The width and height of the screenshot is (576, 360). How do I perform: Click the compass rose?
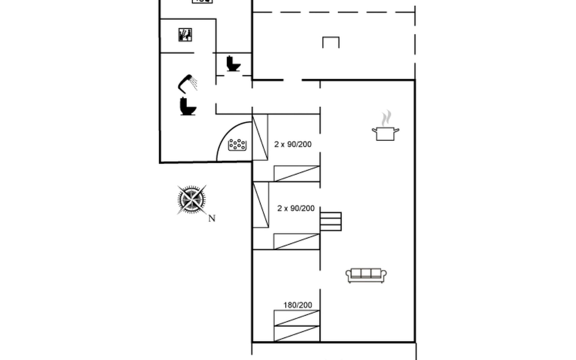(191, 199)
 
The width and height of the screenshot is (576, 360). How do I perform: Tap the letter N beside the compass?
(212, 218)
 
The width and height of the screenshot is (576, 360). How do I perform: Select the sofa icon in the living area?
(366, 275)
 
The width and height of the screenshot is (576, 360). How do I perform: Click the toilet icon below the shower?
(188, 106)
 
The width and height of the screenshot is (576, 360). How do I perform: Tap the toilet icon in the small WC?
(233, 64)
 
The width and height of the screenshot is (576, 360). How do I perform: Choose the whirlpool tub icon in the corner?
(237, 145)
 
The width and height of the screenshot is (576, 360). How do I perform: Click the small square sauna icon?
(185, 35)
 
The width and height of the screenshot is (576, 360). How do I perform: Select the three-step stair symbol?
(331, 221)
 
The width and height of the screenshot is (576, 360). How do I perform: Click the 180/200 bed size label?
(298, 305)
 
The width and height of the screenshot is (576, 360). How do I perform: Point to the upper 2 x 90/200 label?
(293, 144)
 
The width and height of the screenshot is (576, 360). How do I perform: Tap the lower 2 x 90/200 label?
(296, 208)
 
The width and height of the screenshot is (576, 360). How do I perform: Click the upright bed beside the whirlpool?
(260, 137)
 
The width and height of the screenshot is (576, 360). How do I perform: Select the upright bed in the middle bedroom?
(261, 205)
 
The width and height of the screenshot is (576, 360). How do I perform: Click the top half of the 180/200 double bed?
(297, 318)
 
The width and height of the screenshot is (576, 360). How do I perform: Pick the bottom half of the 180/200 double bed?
(297, 334)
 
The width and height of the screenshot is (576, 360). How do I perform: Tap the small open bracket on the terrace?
(331, 42)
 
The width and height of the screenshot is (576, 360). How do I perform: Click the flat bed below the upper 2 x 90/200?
(297, 174)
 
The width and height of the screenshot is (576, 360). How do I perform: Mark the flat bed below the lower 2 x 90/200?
(297, 241)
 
